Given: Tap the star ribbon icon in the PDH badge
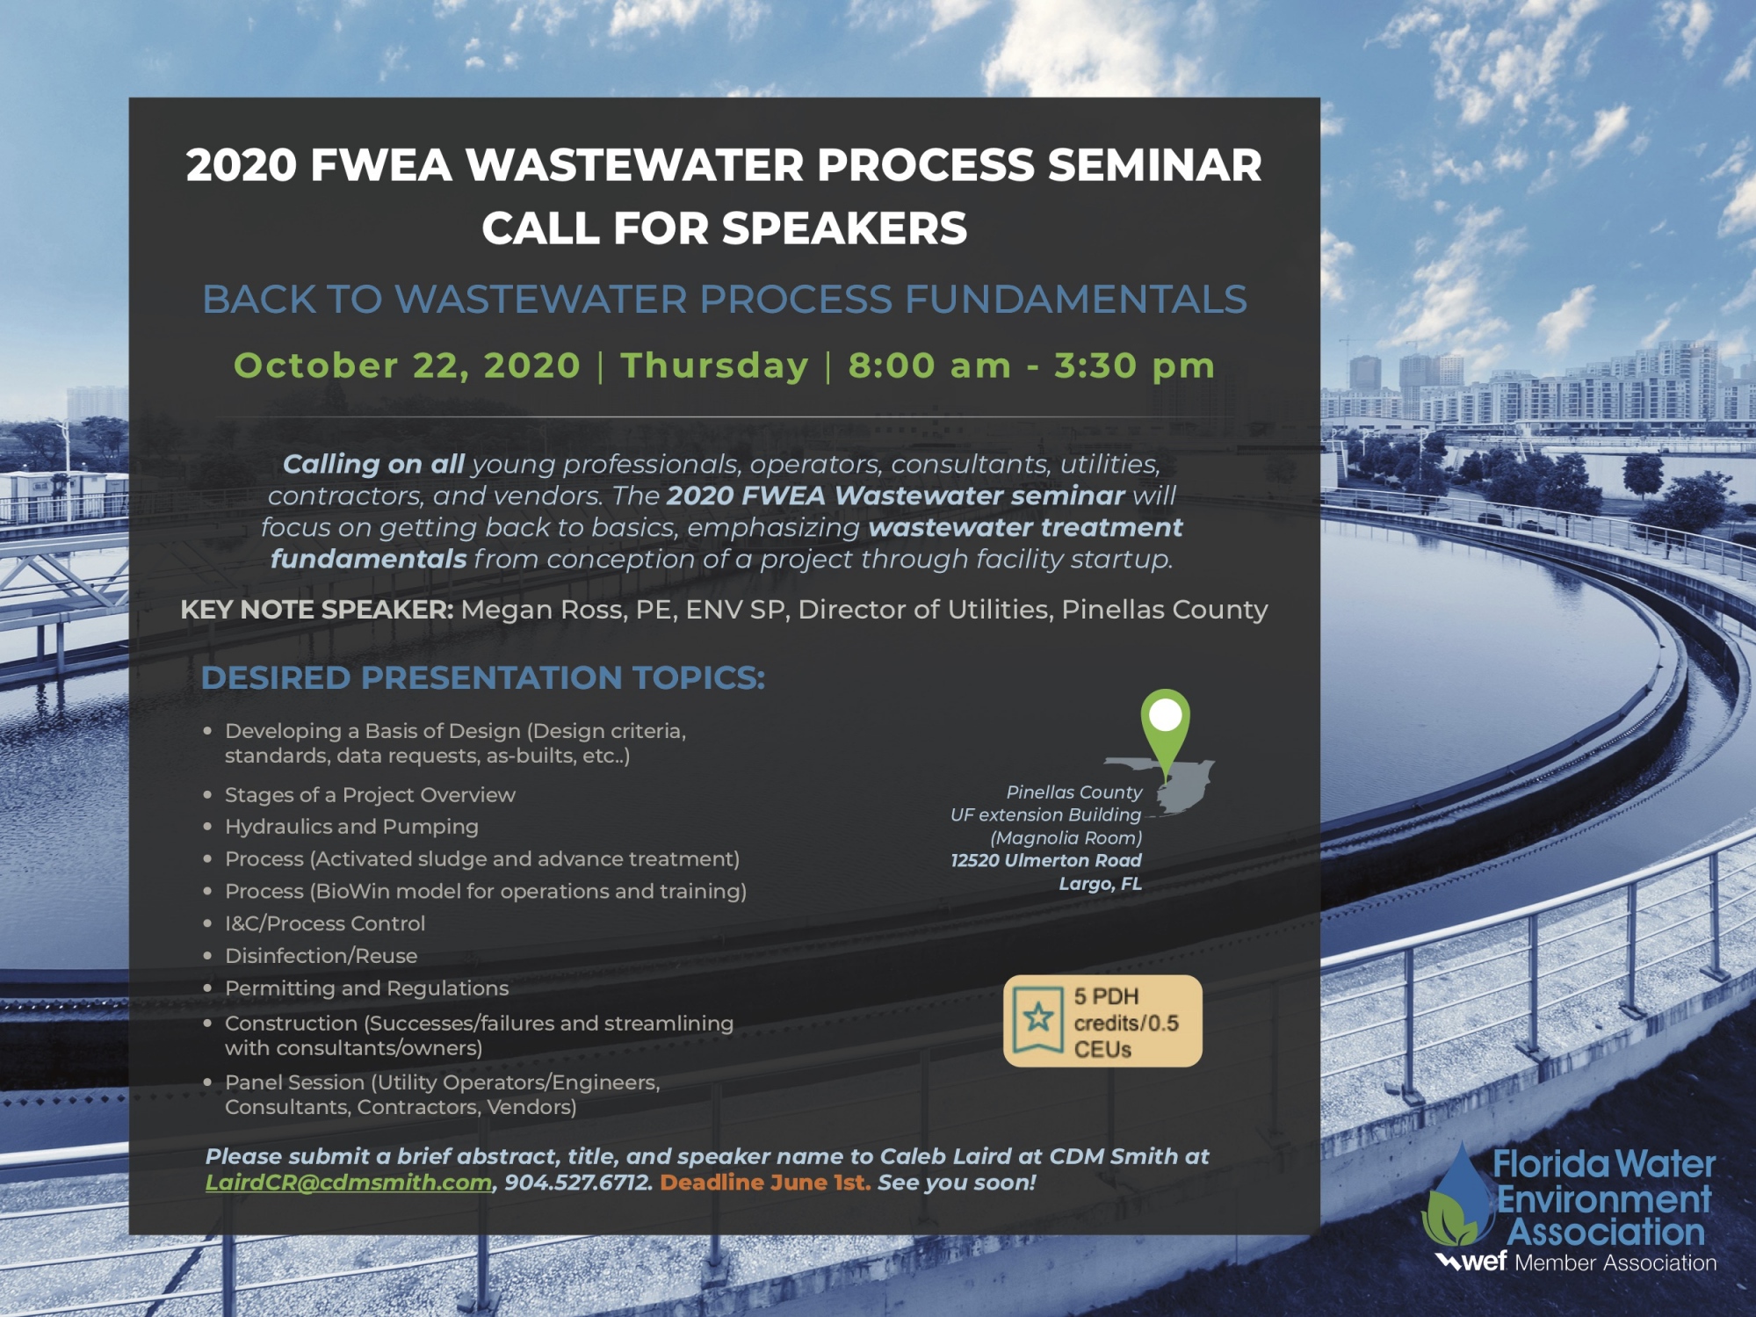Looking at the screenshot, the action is click(1038, 1018).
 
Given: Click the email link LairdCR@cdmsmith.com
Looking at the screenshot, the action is click(349, 1183).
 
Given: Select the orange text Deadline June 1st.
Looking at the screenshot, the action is click(765, 1183).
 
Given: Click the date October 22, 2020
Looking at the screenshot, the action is click(408, 365).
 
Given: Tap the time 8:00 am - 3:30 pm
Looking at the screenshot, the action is click(1031, 365).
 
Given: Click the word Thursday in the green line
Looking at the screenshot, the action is click(714, 365).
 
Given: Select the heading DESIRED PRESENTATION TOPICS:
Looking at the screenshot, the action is click(483, 678).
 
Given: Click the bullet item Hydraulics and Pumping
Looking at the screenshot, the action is click(351, 827).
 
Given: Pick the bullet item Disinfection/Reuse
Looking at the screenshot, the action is click(322, 956).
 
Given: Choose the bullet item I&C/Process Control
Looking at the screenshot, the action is click(325, 923).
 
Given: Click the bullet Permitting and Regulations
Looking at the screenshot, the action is click(367, 988).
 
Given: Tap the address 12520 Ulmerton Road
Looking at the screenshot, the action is click(1046, 860).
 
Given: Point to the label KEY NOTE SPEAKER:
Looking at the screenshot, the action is click(317, 610).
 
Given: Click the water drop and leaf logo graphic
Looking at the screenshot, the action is click(1458, 1195).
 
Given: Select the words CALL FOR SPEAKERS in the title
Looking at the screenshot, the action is click(725, 228).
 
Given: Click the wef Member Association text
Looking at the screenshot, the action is click(1576, 1263).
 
